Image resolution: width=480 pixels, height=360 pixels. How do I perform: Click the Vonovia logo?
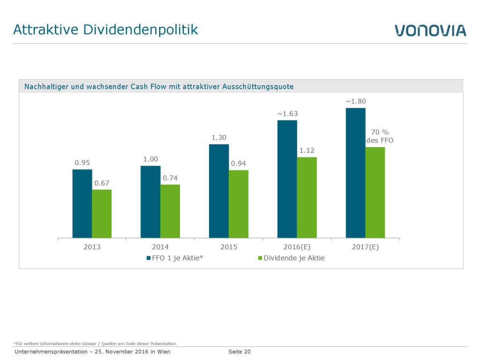pos(430,30)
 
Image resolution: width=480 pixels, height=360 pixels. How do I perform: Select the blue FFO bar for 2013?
pos(82,203)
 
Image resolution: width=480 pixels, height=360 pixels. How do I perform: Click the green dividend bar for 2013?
pos(102,214)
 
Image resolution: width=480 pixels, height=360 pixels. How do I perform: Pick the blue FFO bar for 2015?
pos(219,191)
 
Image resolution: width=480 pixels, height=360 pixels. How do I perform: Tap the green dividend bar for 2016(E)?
pos(307,197)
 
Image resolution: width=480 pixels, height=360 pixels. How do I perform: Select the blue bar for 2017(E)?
pos(355,173)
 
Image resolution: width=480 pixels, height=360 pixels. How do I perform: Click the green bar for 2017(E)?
pos(375,192)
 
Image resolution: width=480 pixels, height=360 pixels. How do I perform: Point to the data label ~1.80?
pos(355,101)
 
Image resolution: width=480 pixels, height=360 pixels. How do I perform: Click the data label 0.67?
pos(102,183)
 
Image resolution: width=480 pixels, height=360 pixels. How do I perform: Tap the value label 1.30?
pos(219,137)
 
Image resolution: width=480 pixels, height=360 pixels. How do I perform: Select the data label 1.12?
pos(307,150)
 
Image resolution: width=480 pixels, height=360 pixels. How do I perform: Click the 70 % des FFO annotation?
pos(380,136)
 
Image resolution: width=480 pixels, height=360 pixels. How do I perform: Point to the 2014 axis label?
pos(160,247)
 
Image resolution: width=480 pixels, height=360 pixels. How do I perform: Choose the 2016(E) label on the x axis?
pos(297,247)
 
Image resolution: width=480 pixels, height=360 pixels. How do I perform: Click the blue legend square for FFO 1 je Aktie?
pos(149,258)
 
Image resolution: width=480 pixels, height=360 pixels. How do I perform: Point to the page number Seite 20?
pos(240,352)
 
